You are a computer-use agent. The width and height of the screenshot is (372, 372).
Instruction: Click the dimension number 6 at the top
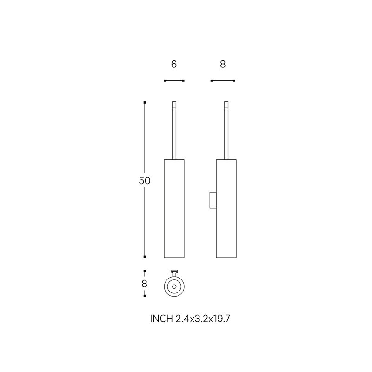(174, 64)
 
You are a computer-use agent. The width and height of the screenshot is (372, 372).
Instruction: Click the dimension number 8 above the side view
(223, 64)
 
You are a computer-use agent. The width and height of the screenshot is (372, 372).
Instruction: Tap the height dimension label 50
(145, 181)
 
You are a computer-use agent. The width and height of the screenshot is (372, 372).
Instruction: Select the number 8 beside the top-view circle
(145, 284)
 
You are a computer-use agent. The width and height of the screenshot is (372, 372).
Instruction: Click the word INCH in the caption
(161, 319)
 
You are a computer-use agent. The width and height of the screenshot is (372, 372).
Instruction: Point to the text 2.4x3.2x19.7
(203, 319)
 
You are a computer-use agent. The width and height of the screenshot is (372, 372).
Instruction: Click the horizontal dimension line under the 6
(174, 80)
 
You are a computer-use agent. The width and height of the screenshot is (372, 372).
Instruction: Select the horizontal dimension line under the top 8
(223, 80)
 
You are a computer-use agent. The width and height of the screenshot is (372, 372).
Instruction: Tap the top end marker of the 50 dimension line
(145, 102)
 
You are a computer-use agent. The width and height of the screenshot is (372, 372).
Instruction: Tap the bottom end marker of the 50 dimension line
(145, 257)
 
